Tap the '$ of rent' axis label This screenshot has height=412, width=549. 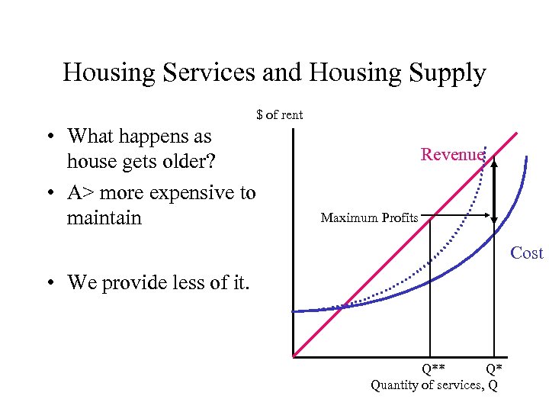(x=280, y=115)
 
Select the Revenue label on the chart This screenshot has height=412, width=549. (x=452, y=155)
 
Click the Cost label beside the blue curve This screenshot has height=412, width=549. (x=526, y=253)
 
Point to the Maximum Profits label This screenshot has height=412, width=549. (x=369, y=218)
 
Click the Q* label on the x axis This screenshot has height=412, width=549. (x=493, y=371)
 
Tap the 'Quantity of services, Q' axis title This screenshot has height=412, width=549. (x=434, y=385)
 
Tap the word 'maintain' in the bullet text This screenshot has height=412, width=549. (x=104, y=218)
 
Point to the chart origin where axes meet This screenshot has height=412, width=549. (x=293, y=356)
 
